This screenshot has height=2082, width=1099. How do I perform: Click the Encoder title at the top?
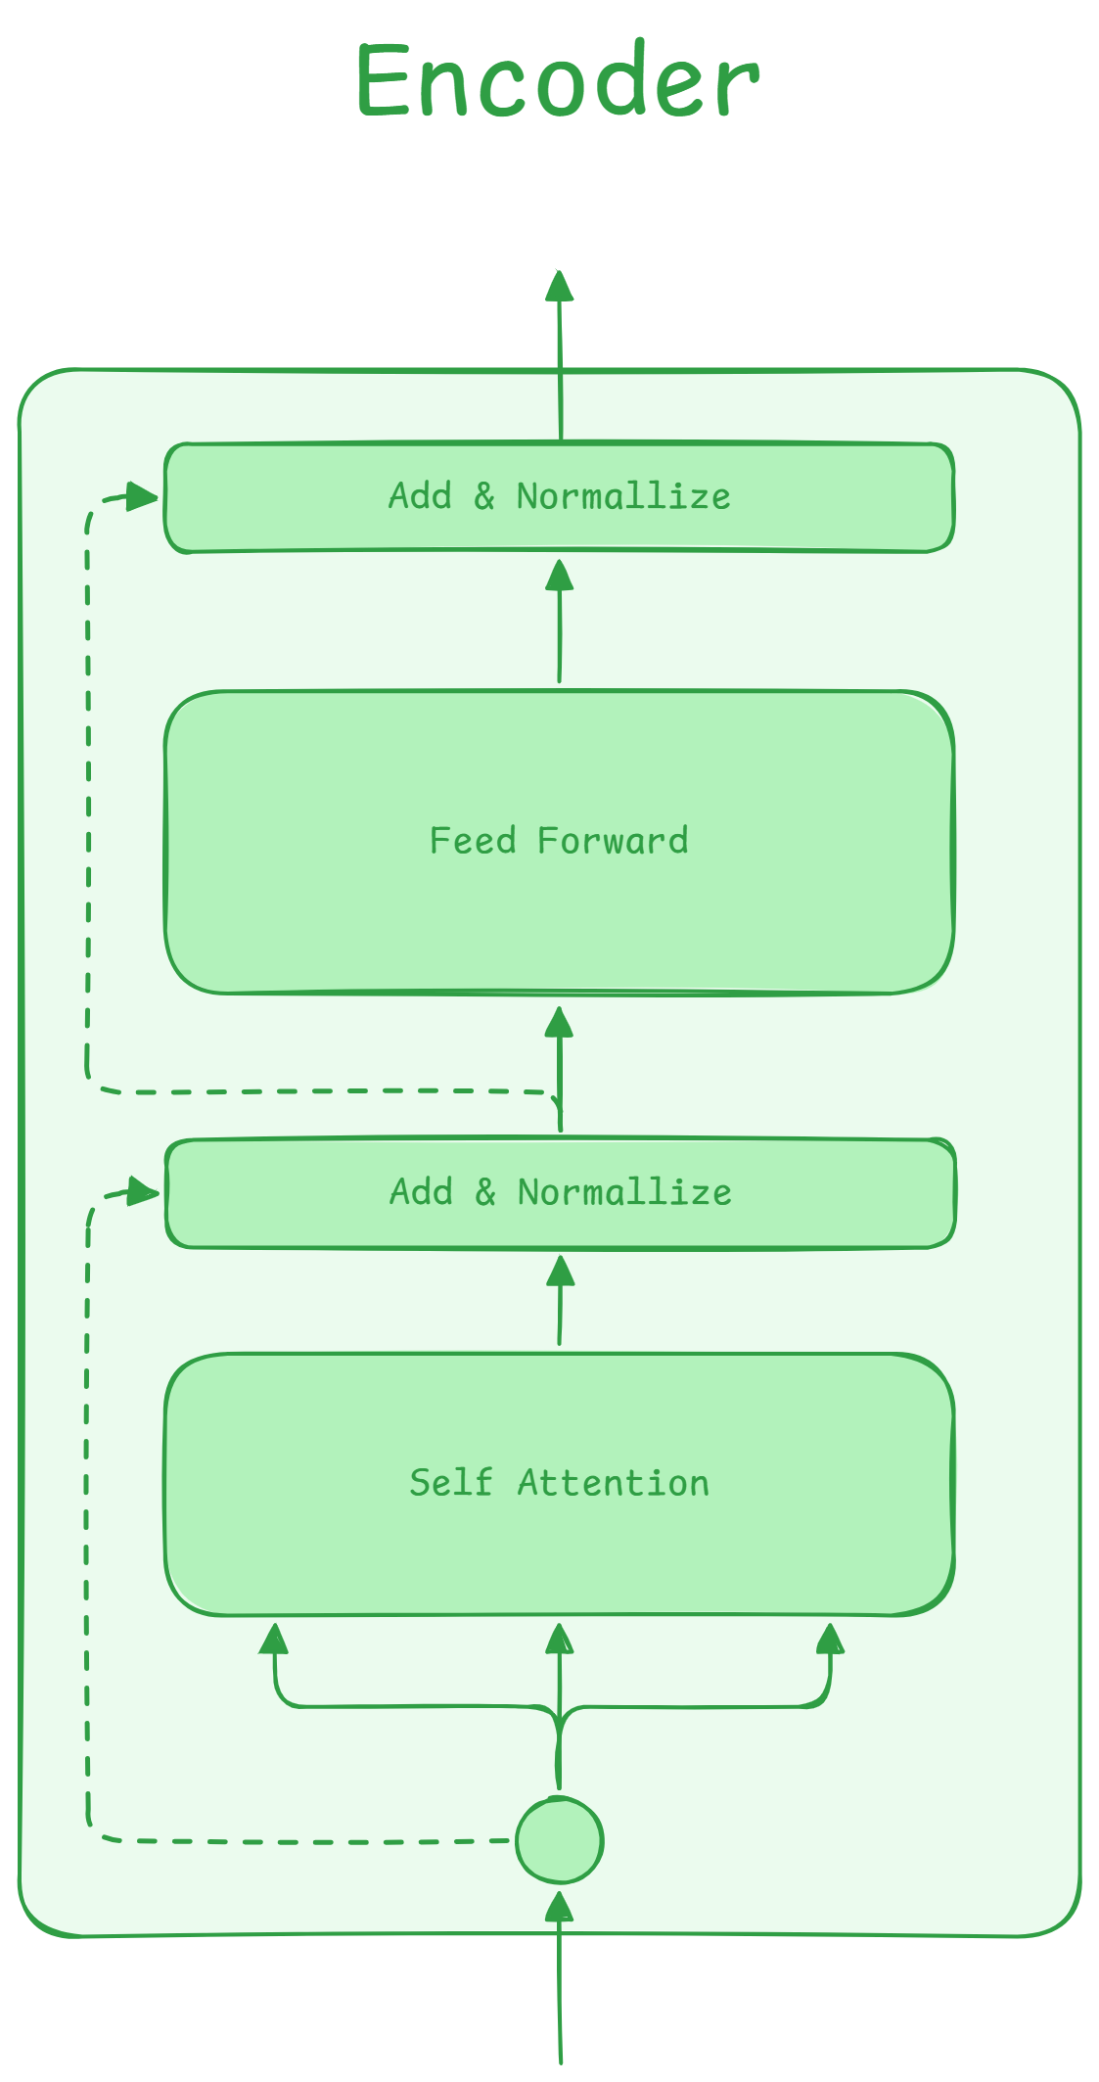(558, 81)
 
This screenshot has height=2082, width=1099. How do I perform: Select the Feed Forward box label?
(559, 841)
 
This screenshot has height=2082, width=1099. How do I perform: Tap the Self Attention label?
(559, 1483)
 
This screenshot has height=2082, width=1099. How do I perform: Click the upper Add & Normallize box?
(559, 498)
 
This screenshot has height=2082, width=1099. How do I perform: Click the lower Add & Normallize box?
(560, 1193)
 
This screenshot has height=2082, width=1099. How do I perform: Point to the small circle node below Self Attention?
(559, 1840)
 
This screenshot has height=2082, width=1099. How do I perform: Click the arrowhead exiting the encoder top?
(559, 286)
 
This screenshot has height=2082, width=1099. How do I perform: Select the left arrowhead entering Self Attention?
(274, 1638)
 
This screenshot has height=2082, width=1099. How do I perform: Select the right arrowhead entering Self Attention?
(830, 1638)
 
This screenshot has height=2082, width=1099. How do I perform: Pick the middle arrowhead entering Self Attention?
(559, 1638)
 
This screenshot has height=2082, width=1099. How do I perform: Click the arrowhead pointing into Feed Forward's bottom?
(559, 1022)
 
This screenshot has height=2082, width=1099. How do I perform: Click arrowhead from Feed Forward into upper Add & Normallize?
(559, 575)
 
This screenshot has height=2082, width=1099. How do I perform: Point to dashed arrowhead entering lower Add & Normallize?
(145, 1191)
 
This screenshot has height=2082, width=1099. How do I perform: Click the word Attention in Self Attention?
(613, 1483)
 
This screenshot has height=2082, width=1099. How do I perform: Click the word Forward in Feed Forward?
(613, 841)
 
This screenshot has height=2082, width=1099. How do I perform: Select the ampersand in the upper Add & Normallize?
(484, 496)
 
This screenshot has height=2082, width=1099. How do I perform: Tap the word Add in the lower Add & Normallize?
(421, 1192)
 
